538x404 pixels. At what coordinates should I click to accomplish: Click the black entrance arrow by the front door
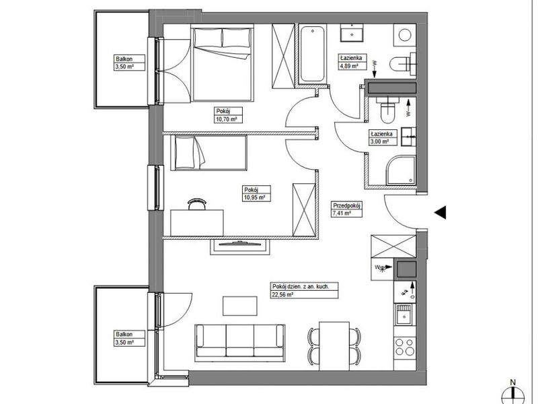pos(440,212)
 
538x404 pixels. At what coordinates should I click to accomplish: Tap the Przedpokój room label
pos(346,205)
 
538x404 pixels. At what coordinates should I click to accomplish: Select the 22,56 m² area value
pos(282,294)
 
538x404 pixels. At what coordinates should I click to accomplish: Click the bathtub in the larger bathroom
pos(312,55)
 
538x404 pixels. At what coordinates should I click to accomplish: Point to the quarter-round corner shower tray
pos(401,171)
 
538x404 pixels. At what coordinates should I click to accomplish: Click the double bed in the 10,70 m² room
pos(223,64)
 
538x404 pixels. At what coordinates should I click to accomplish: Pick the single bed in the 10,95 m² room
pos(209,153)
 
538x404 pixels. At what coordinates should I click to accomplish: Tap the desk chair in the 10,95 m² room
pos(197,204)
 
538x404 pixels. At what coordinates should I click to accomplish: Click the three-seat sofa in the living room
pos(240,343)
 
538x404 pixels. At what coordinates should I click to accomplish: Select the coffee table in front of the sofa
pos(240,306)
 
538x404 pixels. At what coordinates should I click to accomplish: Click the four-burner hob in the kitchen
pos(405,347)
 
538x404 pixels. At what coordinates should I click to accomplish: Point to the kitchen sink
pos(405,314)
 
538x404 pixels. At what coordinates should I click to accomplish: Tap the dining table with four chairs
pos(334,346)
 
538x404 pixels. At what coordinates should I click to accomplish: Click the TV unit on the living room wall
pos(240,247)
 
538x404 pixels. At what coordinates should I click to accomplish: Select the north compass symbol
pos(513,393)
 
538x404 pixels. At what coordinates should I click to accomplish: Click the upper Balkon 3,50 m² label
pos(129,63)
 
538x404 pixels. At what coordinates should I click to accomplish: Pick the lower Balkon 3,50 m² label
pos(129,338)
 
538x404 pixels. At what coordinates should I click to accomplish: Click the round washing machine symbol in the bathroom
pos(405,35)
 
